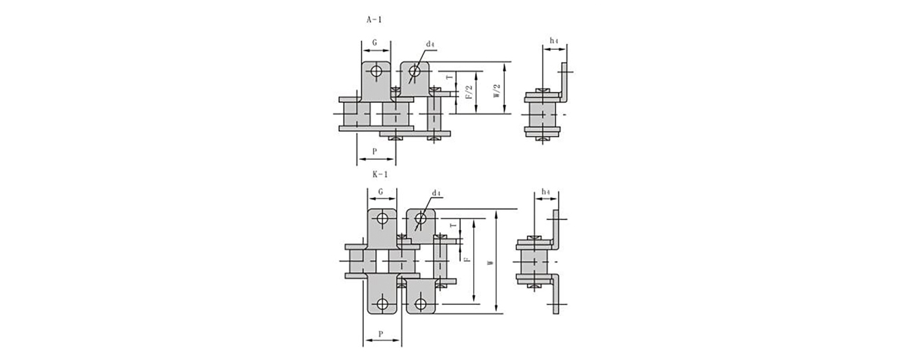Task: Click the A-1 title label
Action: [374, 19]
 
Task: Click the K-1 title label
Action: [381, 174]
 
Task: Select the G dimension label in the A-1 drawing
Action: [375, 43]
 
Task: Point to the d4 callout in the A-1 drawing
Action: [430, 44]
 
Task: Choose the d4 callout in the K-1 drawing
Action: [436, 193]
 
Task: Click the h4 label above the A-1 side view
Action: [554, 40]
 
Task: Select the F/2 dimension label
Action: [469, 93]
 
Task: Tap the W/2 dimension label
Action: [497, 91]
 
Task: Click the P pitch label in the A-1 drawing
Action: [375, 152]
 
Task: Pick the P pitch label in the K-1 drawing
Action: [381, 334]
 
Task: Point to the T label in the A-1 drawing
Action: [449, 77]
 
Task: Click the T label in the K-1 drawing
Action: [454, 225]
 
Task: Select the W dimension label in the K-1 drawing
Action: [491, 262]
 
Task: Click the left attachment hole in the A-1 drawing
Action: [376, 72]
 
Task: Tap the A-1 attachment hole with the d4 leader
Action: [415, 72]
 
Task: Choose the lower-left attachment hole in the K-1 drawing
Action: [382, 304]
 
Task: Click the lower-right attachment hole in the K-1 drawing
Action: [421, 304]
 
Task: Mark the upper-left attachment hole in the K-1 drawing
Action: [382, 219]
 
